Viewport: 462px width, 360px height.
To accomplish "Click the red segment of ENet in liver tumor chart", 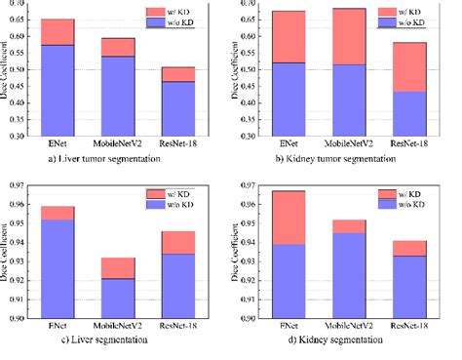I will pos(57,32).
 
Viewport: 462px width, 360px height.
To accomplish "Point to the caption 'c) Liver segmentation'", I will pos(101,340).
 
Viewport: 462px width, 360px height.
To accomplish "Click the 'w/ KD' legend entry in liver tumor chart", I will pos(192,11).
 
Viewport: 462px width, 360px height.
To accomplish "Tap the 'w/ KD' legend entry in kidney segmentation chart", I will pos(417,192).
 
